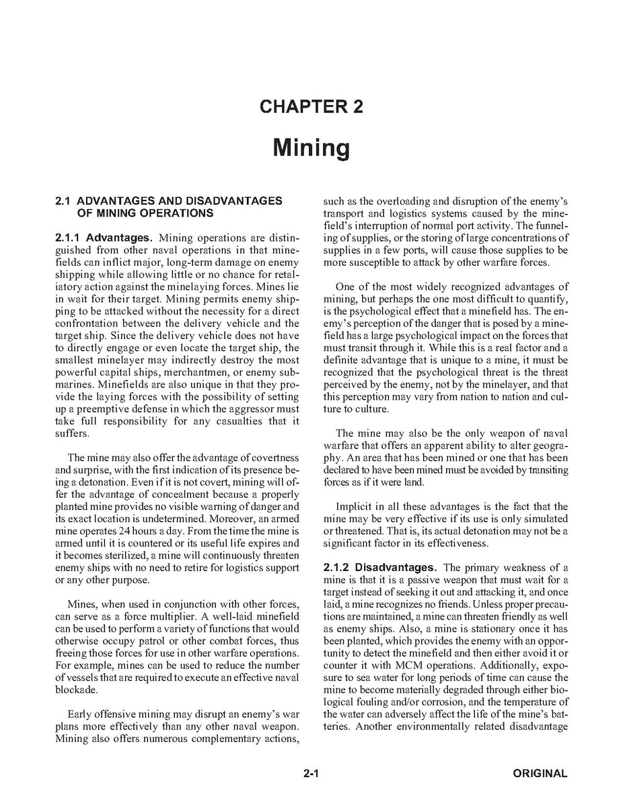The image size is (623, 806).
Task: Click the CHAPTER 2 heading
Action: [311, 107]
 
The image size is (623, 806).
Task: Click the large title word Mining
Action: [311, 147]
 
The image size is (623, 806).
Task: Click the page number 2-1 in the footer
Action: [310, 774]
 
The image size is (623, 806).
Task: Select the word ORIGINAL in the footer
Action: [540, 774]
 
